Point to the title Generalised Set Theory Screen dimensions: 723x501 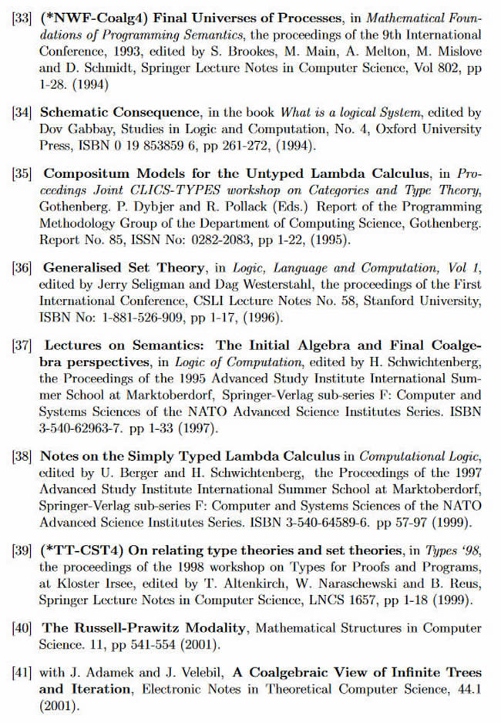[x=123, y=267]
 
